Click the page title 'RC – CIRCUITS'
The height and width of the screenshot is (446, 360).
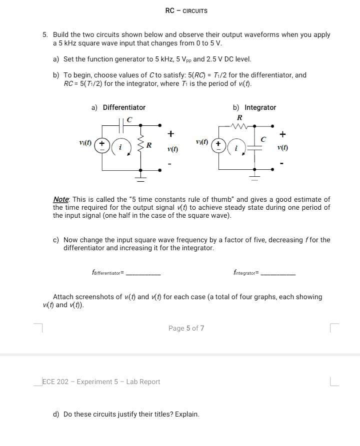[186, 10]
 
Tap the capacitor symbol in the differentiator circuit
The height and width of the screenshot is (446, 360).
[122, 122]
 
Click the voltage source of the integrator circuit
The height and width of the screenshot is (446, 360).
[218, 146]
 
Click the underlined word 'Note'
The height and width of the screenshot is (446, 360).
[61, 199]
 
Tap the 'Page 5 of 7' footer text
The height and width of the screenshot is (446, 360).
[186, 328]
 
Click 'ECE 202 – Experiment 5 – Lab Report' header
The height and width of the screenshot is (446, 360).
[101, 382]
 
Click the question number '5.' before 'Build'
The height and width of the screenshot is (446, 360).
[45, 35]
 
